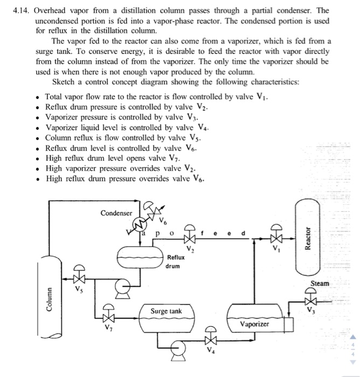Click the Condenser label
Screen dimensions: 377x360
116,213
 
